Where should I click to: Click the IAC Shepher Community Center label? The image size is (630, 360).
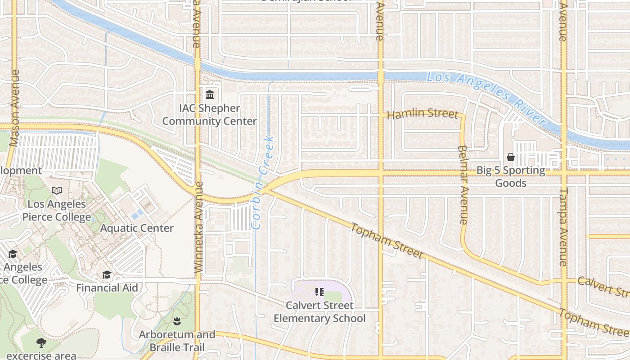point(209,115)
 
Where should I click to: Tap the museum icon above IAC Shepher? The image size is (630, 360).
point(210,94)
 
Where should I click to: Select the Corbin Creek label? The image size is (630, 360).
point(263,182)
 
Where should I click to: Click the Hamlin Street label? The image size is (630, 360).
point(422,114)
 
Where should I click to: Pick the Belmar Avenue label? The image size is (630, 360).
point(463,184)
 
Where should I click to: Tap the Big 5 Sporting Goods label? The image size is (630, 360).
point(511,177)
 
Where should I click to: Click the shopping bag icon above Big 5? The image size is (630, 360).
point(511,157)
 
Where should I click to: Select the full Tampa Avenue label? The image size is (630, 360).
point(564,227)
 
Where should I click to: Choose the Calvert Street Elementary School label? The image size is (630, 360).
point(319,312)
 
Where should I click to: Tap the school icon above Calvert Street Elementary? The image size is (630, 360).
point(319,292)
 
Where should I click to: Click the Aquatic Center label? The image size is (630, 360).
point(136,228)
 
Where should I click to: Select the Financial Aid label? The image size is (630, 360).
point(107,288)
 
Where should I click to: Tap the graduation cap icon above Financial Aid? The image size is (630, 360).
point(107,274)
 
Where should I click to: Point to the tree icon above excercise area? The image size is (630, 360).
point(41,343)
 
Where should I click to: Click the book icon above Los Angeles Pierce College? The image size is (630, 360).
point(56,191)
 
